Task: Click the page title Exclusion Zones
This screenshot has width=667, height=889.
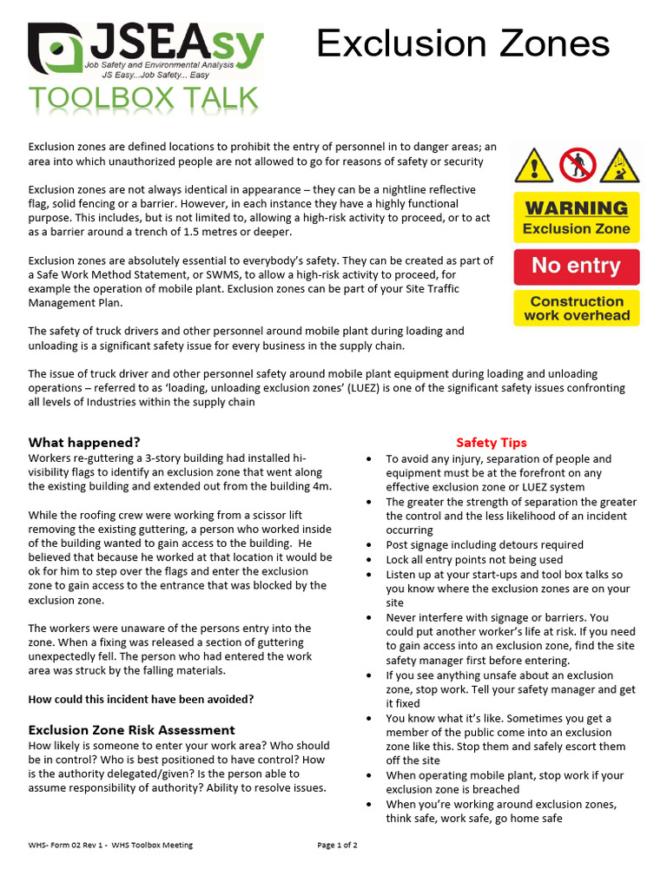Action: tap(462, 43)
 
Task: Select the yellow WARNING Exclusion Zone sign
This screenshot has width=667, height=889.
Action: tap(576, 217)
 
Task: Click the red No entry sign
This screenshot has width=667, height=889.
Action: tap(576, 266)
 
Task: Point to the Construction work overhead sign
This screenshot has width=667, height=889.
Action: tap(576, 308)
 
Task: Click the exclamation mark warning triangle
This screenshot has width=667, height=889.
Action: tap(532, 164)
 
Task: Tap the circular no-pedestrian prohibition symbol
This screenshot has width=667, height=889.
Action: tap(575, 164)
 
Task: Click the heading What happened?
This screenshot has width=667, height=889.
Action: tap(84, 442)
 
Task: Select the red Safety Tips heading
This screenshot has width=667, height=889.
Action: tap(491, 443)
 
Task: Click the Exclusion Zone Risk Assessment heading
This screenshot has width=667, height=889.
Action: tap(131, 730)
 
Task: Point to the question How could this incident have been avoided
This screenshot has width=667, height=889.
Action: tap(141, 699)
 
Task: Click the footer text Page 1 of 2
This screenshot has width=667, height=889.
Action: tap(337, 845)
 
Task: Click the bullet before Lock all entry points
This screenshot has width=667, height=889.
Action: tap(371, 560)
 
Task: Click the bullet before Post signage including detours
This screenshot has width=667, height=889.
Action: tap(371, 545)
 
